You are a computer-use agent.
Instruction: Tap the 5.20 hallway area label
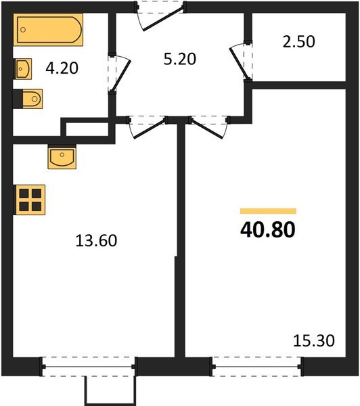tap(180, 59)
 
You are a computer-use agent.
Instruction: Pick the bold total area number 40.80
tap(267, 231)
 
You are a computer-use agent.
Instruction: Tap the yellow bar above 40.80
tap(268, 211)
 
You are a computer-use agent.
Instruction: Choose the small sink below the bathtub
tap(24, 68)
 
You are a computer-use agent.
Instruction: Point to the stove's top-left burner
tap(24, 192)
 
